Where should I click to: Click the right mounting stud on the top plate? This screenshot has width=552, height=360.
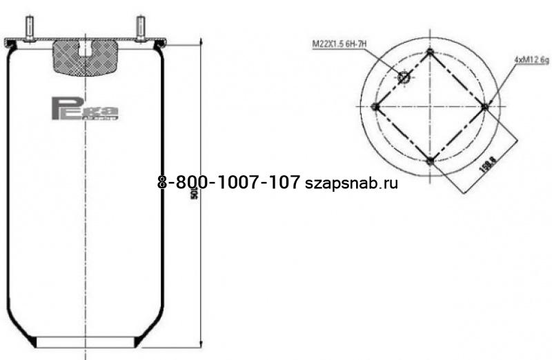tap(140, 27)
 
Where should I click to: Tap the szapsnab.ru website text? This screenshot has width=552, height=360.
tap(351, 183)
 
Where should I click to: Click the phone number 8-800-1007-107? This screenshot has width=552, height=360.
tap(228, 182)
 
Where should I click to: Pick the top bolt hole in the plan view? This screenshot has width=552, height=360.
tap(430, 52)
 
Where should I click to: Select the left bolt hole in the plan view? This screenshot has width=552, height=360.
tap(375, 106)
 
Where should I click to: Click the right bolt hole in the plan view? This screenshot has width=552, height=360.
tap(485, 106)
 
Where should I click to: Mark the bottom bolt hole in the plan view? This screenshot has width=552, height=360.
tap(430, 161)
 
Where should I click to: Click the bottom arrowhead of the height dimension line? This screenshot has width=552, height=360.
tap(200, 346)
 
